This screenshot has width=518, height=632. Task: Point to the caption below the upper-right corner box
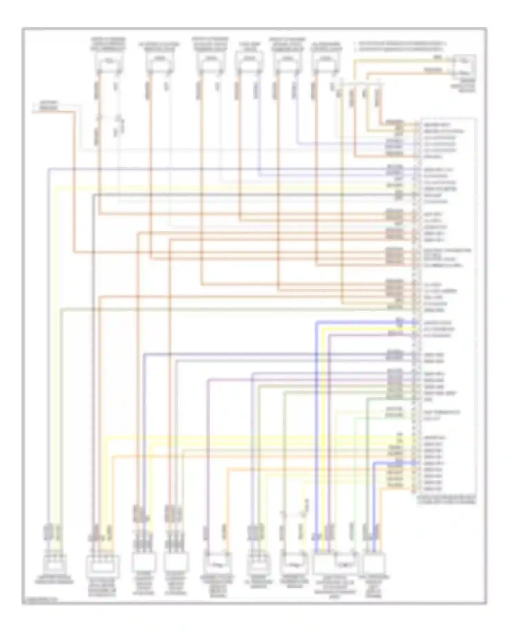(467, 85)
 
